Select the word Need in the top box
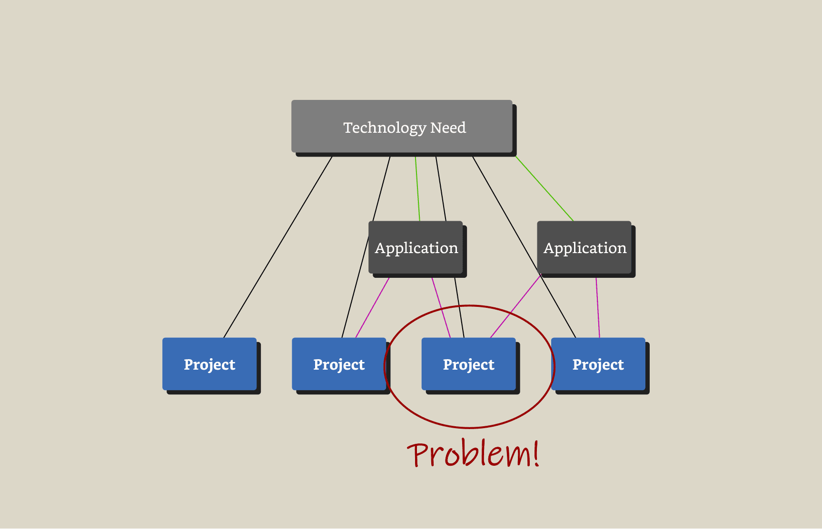pos(448,127)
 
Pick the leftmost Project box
pos(209,364)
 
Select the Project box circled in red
pos(468,364)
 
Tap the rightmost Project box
pos(598,364)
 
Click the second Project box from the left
pos(339,364)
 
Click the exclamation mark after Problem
pos(536,452)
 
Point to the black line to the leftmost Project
pos(278,247)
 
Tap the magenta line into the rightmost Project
pos(598,307)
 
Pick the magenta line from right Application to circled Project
pos(515,306)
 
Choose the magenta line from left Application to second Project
pos(372,308)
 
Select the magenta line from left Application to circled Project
pos(441,307)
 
